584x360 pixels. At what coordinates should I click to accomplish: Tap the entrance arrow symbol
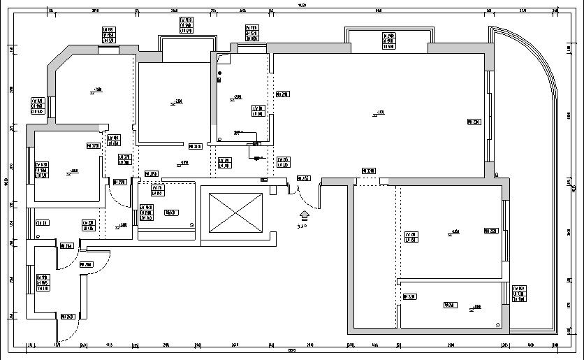pos(304,217)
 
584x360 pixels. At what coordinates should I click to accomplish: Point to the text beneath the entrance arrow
pos(302,226)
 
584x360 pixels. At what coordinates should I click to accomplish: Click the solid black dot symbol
pos(219,73)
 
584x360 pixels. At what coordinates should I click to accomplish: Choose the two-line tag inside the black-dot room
pos(258,110)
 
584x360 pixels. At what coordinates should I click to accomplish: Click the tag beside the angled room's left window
pos(37,106)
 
